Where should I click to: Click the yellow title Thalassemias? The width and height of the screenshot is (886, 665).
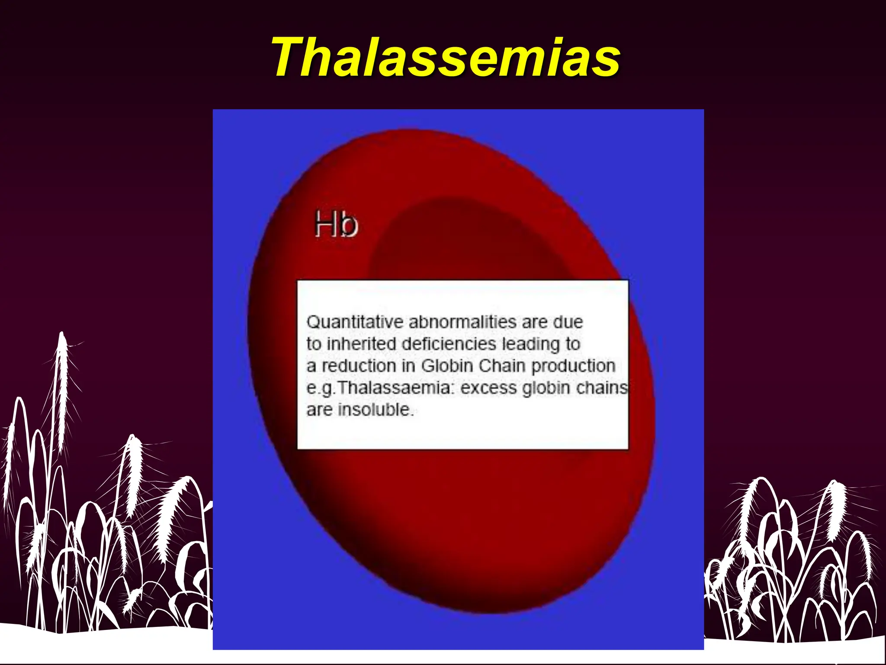tap(446, 58)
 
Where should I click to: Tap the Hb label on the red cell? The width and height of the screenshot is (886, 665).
tap(336, 224)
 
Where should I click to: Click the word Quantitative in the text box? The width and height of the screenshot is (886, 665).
tap(355, 323)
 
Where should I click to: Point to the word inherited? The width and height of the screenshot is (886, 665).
tap(361, 344)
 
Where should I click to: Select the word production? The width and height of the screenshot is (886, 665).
tap(573, 366)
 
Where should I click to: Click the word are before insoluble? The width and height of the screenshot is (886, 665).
tap(319, 410)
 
